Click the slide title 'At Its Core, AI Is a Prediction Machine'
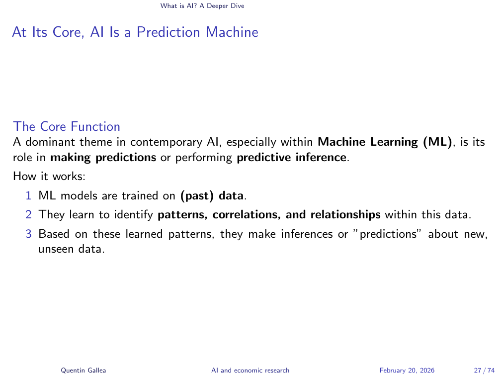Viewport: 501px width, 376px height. [135, 32]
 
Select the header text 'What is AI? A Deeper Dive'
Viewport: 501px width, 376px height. [202, 6]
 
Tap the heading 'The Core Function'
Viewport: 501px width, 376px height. [67, 127]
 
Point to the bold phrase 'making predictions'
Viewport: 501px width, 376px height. [103, 158]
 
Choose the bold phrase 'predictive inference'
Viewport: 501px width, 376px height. [292, 158]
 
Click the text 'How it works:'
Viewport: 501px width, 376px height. [49, 176]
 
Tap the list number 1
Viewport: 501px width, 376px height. [28, 195]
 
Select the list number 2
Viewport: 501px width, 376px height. [28, 214]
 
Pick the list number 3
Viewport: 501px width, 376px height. [28, 234]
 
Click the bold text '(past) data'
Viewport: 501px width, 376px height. [212, 195]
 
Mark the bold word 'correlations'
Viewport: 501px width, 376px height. [247, 214]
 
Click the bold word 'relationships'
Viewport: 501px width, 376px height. [345, 214]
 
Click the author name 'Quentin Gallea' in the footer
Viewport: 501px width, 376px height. [83, 370]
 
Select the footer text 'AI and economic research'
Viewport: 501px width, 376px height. [250, 370]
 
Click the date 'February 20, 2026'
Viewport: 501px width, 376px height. [407, 370]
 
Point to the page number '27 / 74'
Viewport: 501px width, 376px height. [485, 370]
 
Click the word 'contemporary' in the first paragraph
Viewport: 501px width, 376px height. [166, 142]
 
